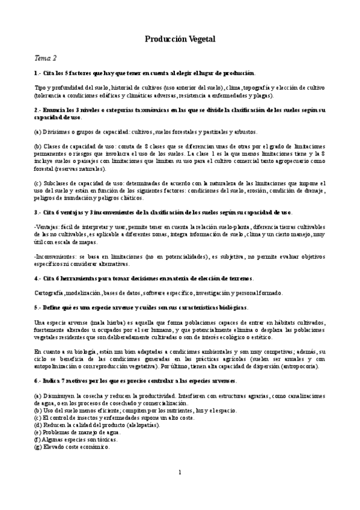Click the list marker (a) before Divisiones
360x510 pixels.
[37, 131]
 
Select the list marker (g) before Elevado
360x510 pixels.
[37, 447]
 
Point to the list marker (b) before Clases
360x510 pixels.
[37, 147]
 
